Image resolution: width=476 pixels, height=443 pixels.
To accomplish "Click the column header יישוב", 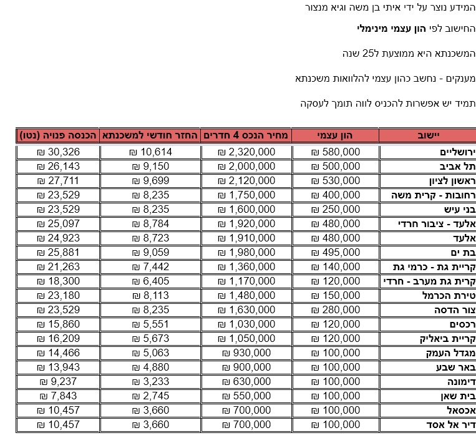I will click(x=428, y=135).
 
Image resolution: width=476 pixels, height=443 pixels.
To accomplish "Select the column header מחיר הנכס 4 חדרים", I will click(x=245, y=135).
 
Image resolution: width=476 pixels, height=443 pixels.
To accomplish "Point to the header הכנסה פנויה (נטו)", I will click(x=58, y=135).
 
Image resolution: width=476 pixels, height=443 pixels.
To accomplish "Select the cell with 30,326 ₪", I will click(x=58, y=152).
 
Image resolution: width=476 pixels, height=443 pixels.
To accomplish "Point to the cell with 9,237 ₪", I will click(x=58, y=382).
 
